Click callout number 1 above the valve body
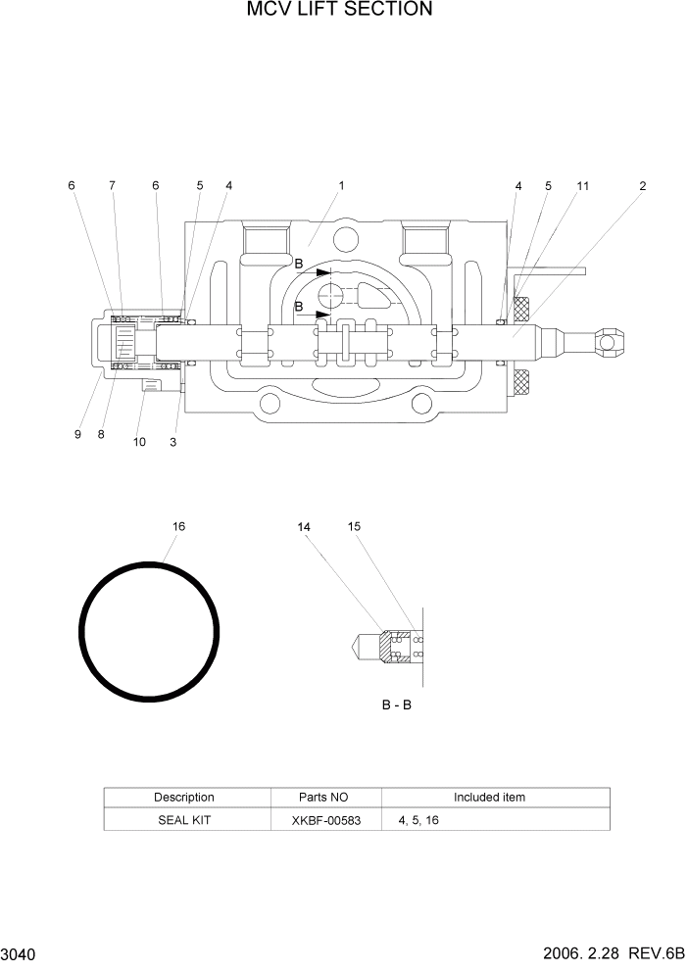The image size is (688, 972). click(341, 185)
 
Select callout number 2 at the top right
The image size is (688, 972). click(642, 185)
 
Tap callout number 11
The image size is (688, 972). click(582, 185)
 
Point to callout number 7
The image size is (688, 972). click(112, 185)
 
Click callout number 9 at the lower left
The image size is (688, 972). click(77, 434)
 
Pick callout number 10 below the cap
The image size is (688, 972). click(139, 442)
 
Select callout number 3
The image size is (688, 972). click(172, 442)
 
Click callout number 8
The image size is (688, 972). click(101, 434)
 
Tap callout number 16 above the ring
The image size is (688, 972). click(178, 526)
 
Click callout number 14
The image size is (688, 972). click(304, 527)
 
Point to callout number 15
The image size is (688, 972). click(354, 526)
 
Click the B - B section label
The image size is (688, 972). click(396, 705)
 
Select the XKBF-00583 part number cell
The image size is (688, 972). click(325, 819)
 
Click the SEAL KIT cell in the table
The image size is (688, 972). click(184, 819)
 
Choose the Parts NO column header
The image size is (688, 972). click(325, 797)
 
